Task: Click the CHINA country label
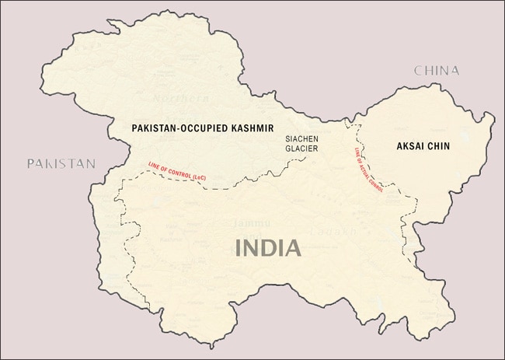pos(436,71)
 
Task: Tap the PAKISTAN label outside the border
pos(61,163)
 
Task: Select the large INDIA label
pos(268,249)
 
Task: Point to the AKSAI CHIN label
pos(423,146)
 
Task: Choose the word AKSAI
pos(409,146)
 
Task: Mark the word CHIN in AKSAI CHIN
pos(439,146)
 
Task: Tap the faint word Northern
pos(181,99)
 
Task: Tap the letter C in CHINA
pos(418,71)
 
